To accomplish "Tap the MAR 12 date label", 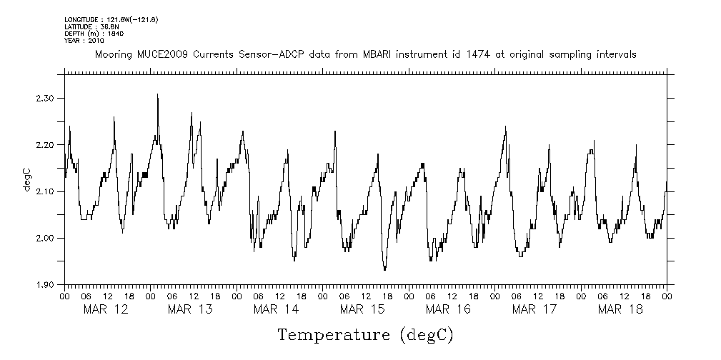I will coord(106,309).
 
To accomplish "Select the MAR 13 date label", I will coord(191,309).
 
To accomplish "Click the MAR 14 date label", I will coord(277,309).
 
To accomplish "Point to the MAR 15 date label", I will coord(362,309).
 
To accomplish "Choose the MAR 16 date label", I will coord(448,309).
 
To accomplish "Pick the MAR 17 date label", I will coord(534,309).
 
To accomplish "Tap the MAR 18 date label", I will coord(620,309).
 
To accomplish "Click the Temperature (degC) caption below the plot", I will coord(365,334).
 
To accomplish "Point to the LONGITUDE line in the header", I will coord(111,19).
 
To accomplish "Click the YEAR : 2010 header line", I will coord(84,41).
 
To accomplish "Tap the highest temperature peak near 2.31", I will coord(157,94).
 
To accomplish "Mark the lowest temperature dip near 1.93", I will coord(384,269).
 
